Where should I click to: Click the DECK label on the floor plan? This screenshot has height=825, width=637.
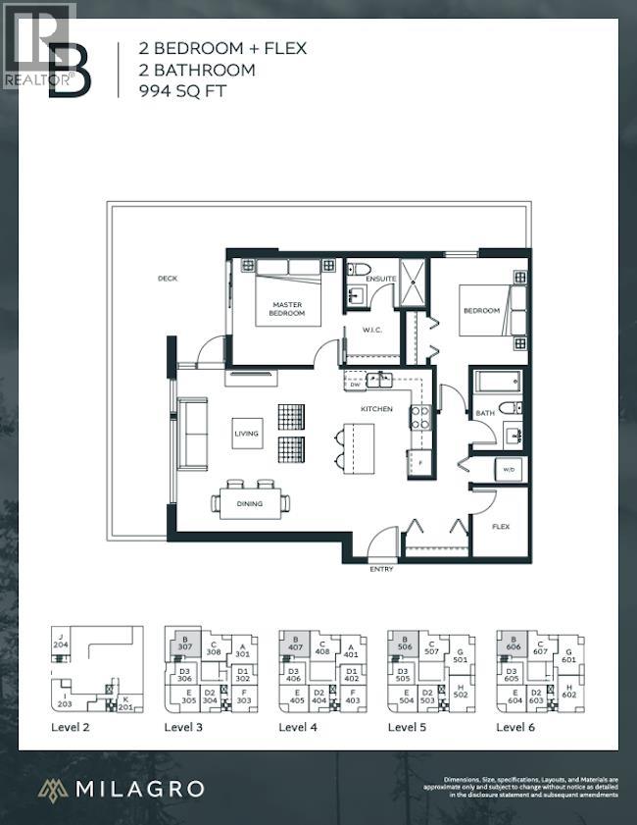[x=167, y=279]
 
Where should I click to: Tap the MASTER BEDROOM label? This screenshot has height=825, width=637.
[x=288, y=309]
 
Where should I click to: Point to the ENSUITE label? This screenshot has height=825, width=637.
[x=381, y=279]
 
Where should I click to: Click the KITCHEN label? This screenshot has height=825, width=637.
[x=376, y=408]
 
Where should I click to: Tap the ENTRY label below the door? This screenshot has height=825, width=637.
[x=382, y=569]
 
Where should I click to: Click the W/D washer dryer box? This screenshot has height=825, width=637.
[x=509, y=469]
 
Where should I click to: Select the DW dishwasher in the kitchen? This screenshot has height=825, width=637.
[x=355, y=386]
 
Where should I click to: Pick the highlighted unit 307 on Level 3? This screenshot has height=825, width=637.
[x=184, y=643]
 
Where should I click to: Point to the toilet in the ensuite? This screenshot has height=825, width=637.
[x=360, y=268]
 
